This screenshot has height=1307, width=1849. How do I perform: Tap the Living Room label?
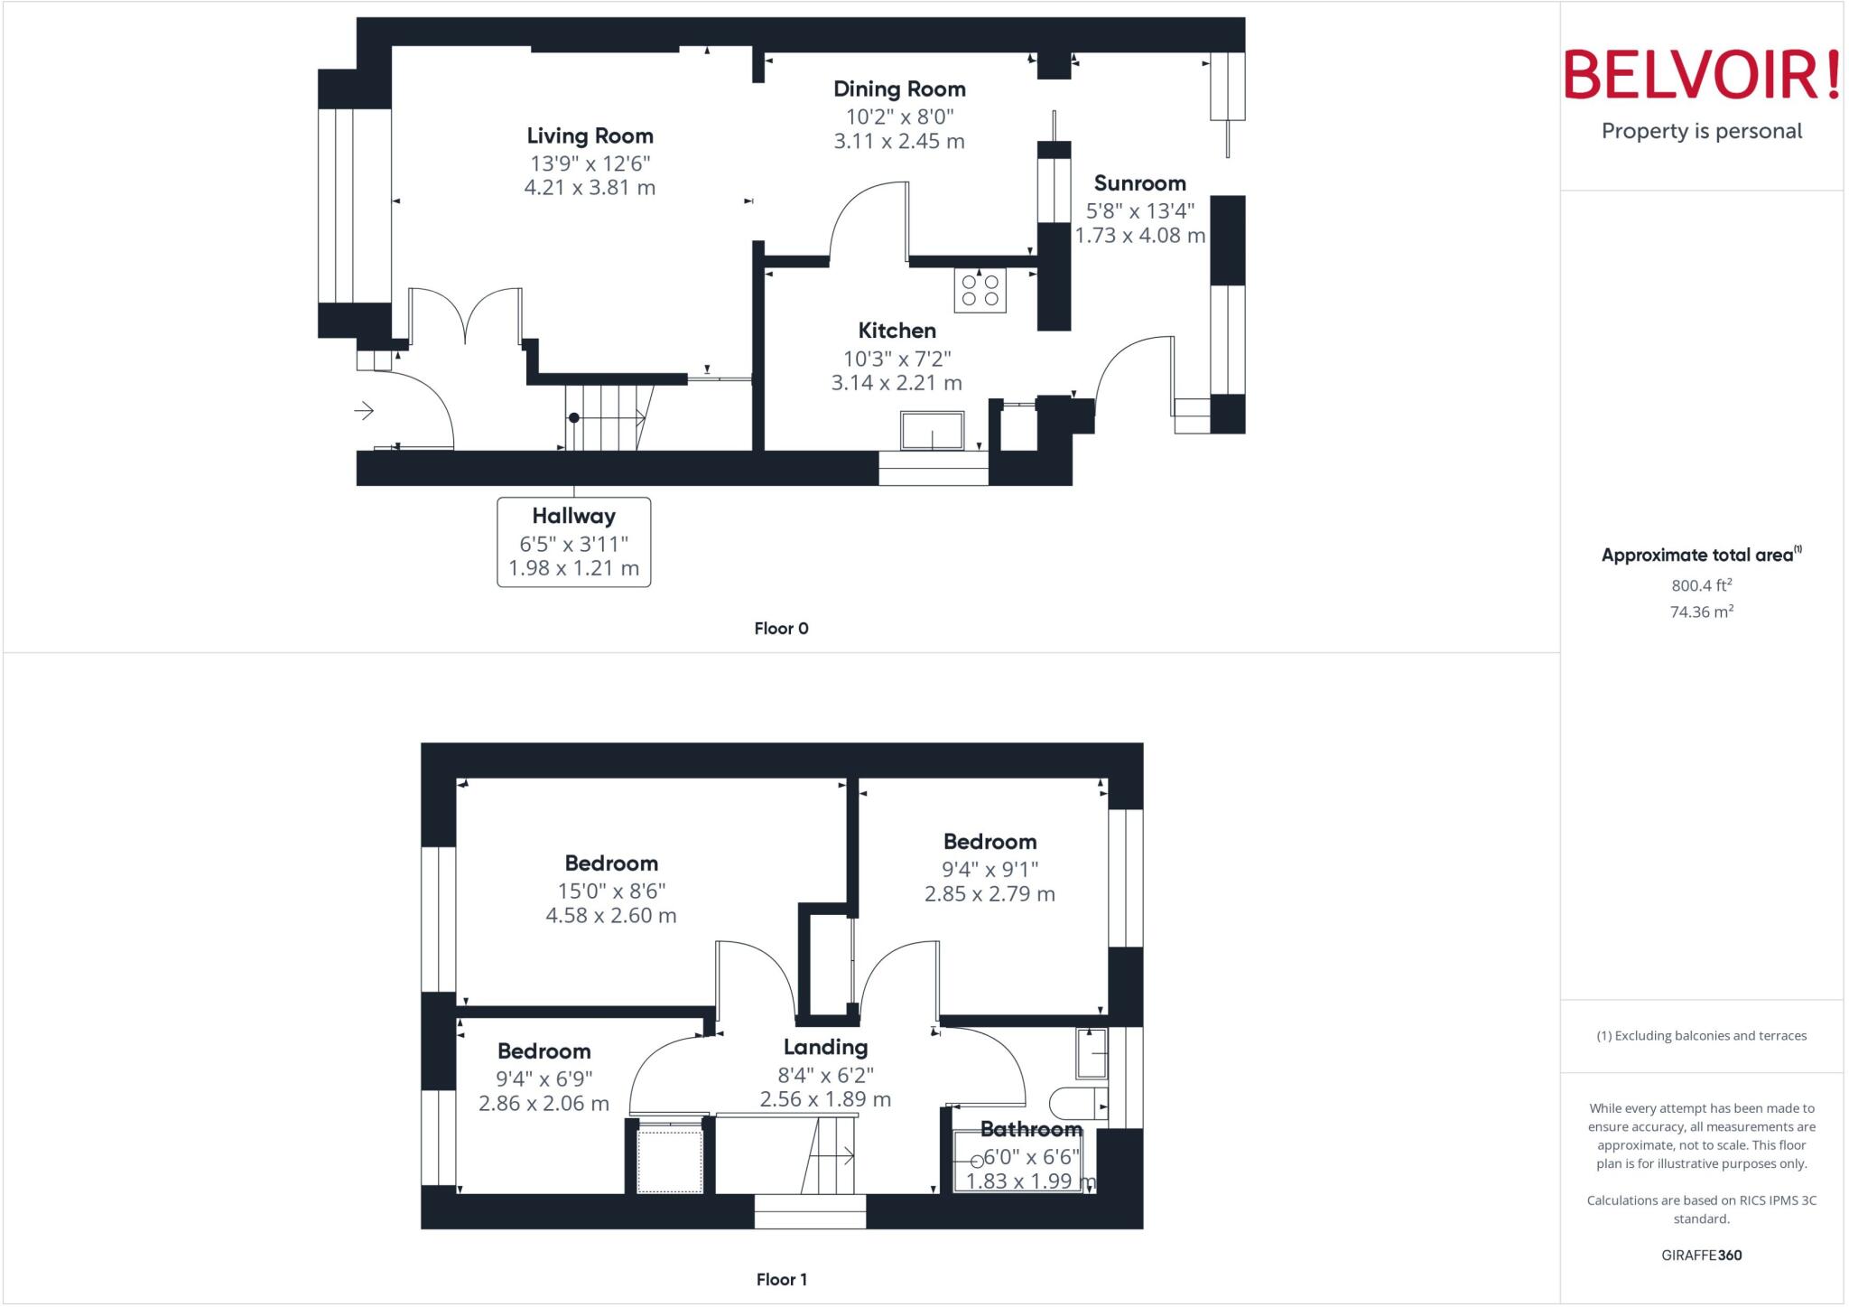(590, 136)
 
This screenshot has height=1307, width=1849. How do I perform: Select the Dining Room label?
(899, 89)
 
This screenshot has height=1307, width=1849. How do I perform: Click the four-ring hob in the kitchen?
(980, 290)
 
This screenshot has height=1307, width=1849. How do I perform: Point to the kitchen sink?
(932, 431)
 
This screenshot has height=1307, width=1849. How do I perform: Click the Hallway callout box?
(573, 541)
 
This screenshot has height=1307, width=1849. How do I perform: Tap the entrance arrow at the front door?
(364, 411)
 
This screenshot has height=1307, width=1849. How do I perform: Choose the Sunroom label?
(1139, 183)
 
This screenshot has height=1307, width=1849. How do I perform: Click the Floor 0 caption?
(781, 629)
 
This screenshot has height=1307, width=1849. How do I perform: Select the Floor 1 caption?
(781, 1279)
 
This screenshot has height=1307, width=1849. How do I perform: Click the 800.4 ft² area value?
(1701, 585)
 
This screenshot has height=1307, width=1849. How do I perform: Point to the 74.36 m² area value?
(1701, 611)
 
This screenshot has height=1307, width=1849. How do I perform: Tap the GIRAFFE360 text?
(1701, 1255)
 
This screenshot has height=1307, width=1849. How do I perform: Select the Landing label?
(825, 1048)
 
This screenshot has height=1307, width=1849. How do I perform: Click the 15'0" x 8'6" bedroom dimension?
(611, 891)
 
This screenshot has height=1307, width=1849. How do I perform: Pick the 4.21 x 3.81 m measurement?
(590, 188)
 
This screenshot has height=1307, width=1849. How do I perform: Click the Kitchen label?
(897, 331)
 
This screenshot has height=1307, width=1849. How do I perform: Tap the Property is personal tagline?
(1701, 131)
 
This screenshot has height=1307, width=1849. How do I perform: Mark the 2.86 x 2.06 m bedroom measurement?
(544, 1103)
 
